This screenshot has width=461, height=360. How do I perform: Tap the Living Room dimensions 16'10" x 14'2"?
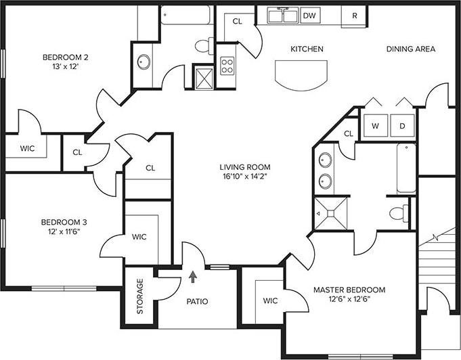click(x=244, y=178)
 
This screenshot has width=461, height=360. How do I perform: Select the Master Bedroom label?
click(x=349, y=290)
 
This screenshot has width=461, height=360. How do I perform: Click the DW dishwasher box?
click(x=309, y=15)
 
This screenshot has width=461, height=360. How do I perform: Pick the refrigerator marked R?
click(x=354, y=15)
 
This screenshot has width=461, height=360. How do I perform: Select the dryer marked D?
click(x=401, y=126)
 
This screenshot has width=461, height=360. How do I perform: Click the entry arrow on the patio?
click(x=194, y=276)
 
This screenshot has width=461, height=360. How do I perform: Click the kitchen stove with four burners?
click(x=227, y=66)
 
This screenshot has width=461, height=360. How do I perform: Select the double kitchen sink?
click(x=283, y=15)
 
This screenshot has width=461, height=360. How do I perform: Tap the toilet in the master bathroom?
click(x=399, y=212)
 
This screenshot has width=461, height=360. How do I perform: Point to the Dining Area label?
click(x=410, y=49)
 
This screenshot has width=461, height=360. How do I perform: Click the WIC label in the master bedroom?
click(x=270, y=300)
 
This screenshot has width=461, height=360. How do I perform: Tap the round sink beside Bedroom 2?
click(x=144, y=62)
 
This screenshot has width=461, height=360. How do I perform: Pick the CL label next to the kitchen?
click(x=237, y=22)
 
